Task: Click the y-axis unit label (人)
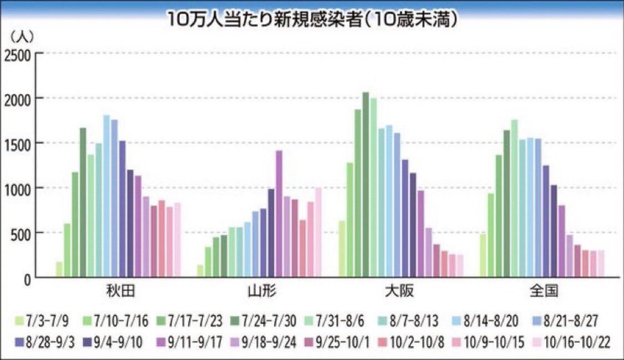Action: [22, 37]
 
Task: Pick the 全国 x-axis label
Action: [543, 292]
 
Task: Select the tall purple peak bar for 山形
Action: [279, 214]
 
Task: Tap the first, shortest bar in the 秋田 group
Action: [59, 269]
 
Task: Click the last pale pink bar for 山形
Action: [318, 232]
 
